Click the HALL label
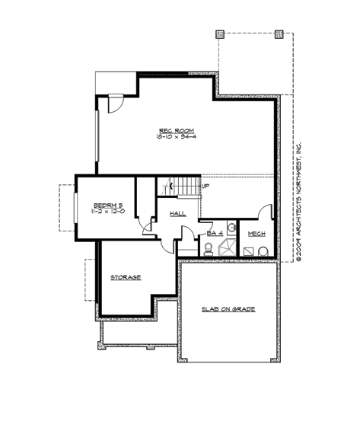178,213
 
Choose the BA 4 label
214,232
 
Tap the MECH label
256,233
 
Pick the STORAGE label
126,277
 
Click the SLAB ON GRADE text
228,309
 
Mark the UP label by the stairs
205,185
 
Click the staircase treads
179,185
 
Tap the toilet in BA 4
208,248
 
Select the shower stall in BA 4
225,247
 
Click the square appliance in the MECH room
247,249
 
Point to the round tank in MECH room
263,251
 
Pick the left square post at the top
220,34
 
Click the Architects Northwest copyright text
299,202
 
